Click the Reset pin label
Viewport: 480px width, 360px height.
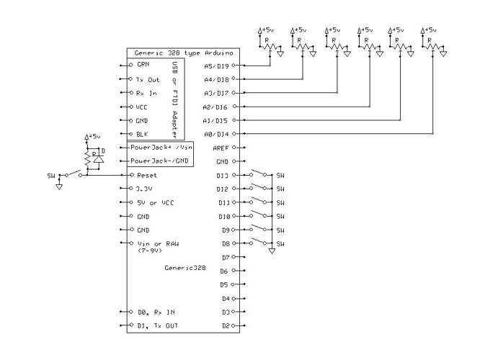146,174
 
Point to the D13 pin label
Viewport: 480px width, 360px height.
223,174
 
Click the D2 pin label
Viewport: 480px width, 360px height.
225,325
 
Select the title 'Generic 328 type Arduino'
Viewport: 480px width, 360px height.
175,53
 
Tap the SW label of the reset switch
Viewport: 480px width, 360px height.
51,175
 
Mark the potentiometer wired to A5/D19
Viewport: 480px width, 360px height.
268,45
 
